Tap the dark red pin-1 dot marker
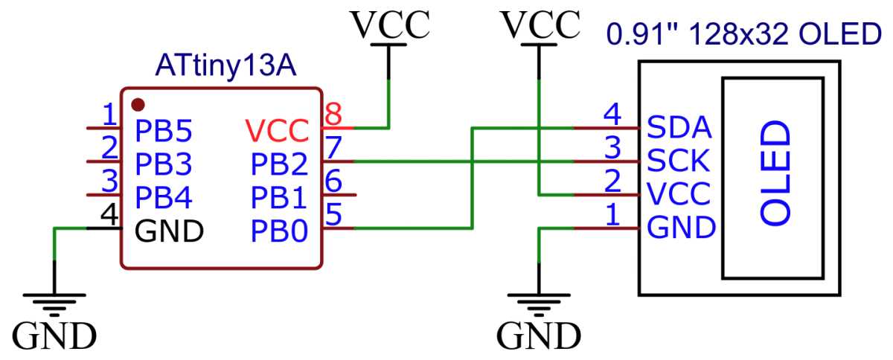click(x=137, y=103)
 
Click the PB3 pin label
click(x=164, y=163)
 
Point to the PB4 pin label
click(x=164, y=198)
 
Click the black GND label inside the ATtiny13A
click(x=169, y=231)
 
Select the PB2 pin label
click(x=279, y=163)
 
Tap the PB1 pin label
click(x=279, y=198)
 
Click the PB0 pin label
click(x=279, y=231)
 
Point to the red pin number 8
click(x=334, y=115)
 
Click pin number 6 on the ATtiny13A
click(x=334, y=180)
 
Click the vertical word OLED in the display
click(x=775, y=176)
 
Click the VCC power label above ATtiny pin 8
click(x=390, y=24)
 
